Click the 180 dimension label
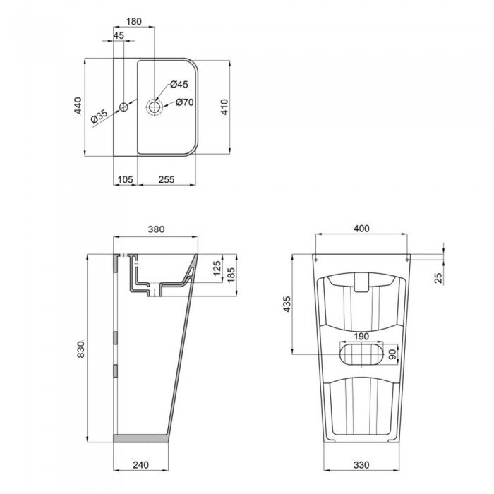click(135, 22)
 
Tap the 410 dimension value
click(224, 107)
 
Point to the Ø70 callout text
click(185, 102)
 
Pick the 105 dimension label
click(125, 180)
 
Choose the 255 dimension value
click(167, 180)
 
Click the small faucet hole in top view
click(123, 107)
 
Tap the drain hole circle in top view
click(154, 107)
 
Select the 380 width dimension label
click(156, 229)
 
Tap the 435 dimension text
click(286, 305)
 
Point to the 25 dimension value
click(438, 277)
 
